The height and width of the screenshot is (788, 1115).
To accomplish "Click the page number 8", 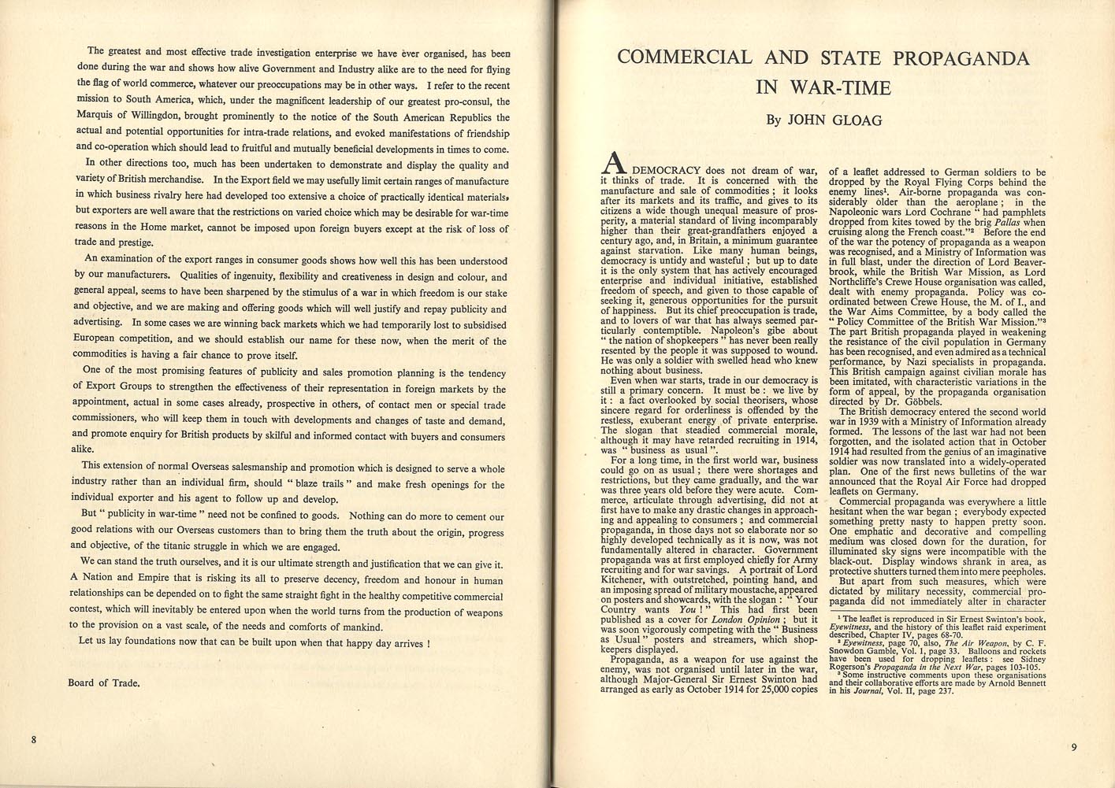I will pyautogui.click(x=34, y=739).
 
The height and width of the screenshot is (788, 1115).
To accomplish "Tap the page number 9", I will pyautogui.click(x=1073, y=747).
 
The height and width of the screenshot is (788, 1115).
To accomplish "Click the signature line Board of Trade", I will pyautogui.click(x=104, y=683).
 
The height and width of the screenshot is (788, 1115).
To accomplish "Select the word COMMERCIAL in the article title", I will pyautogui.click(x=684, y=57).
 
